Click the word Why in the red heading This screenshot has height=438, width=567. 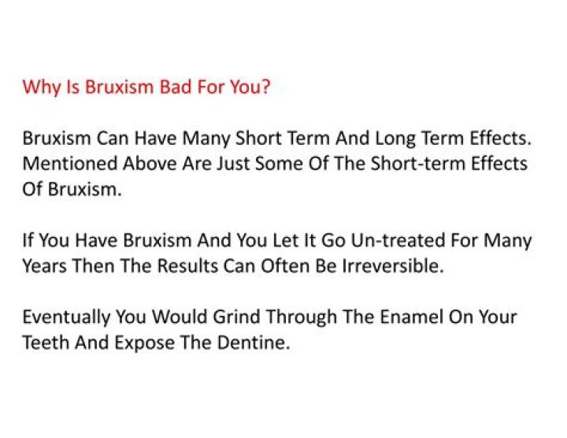(x=38, y=86)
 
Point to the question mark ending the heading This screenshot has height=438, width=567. (x=266, y=86)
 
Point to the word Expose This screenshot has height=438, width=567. (x=136, y=343)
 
